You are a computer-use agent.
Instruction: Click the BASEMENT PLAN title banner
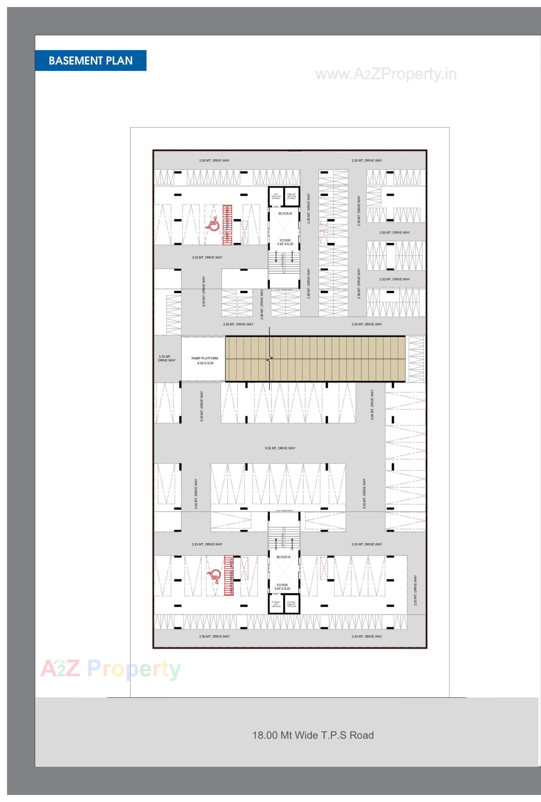point(90,60)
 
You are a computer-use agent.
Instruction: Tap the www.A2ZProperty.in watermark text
point(385,74)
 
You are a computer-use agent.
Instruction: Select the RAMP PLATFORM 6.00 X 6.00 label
point(205,361)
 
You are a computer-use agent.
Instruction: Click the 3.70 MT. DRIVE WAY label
point(167,358)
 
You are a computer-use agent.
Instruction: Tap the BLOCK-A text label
point(283,557)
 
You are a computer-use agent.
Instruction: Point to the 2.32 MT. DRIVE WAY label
point(394,279)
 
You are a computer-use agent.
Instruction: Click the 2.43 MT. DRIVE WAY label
point(367,636)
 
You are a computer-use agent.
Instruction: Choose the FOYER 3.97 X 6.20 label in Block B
point(285,242)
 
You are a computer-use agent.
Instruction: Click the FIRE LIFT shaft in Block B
point(291,196)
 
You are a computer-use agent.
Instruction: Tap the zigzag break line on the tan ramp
point(270,359)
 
